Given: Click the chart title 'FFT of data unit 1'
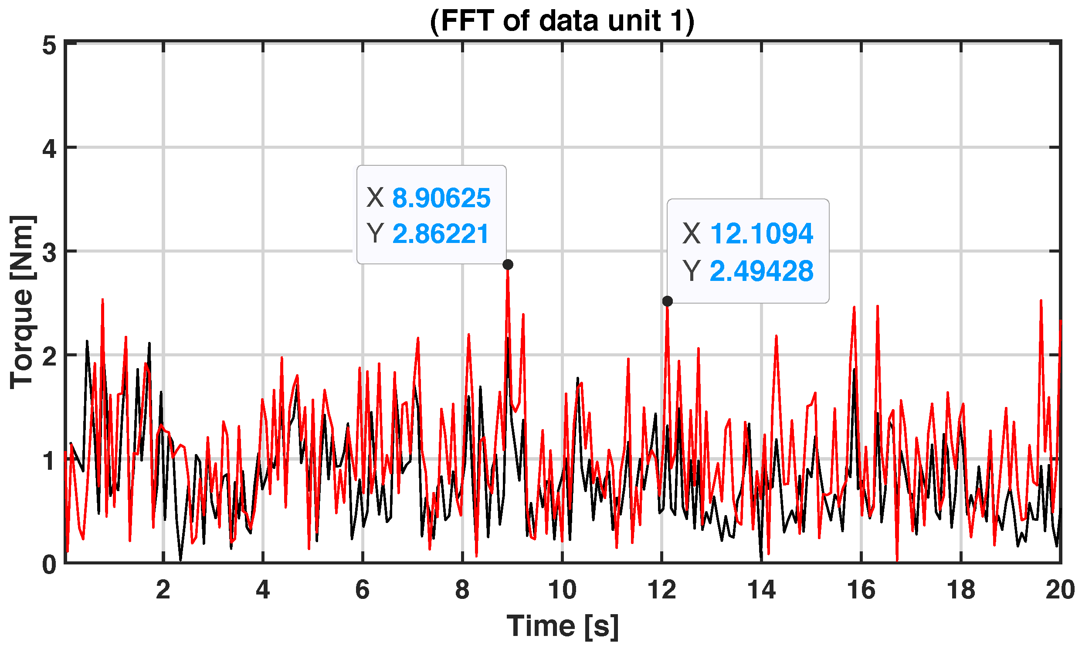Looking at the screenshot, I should coord(562,21).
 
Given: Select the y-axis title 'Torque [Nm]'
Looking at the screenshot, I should coord(22,302).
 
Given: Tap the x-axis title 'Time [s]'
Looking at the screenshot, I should coord(562,626).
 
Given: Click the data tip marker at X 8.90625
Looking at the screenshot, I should coord(508,265).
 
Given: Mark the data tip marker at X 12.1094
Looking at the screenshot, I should coord(667,301).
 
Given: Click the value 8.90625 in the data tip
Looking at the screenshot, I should coord(441,198).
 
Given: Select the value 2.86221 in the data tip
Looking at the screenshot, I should coord(441,234).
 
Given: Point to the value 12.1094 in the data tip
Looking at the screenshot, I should coord(761,233).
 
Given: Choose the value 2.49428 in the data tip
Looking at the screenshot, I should coord(761,271).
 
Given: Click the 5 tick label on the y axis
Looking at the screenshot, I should coord(50,45).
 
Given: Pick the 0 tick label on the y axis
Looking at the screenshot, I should coord(50,565).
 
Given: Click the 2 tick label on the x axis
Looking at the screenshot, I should coord(163,590).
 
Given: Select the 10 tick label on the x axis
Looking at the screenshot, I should coord(562,590).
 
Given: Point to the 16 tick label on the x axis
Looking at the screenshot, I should coord(861,590).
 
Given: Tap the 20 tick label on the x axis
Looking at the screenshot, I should coord(1060,590).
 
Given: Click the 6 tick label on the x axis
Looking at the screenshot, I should coord(363,590).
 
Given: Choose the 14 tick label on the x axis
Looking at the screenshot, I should coord(761,590).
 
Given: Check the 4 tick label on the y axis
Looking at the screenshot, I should coord(50,149).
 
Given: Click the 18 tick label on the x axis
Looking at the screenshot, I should coord(961,590).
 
